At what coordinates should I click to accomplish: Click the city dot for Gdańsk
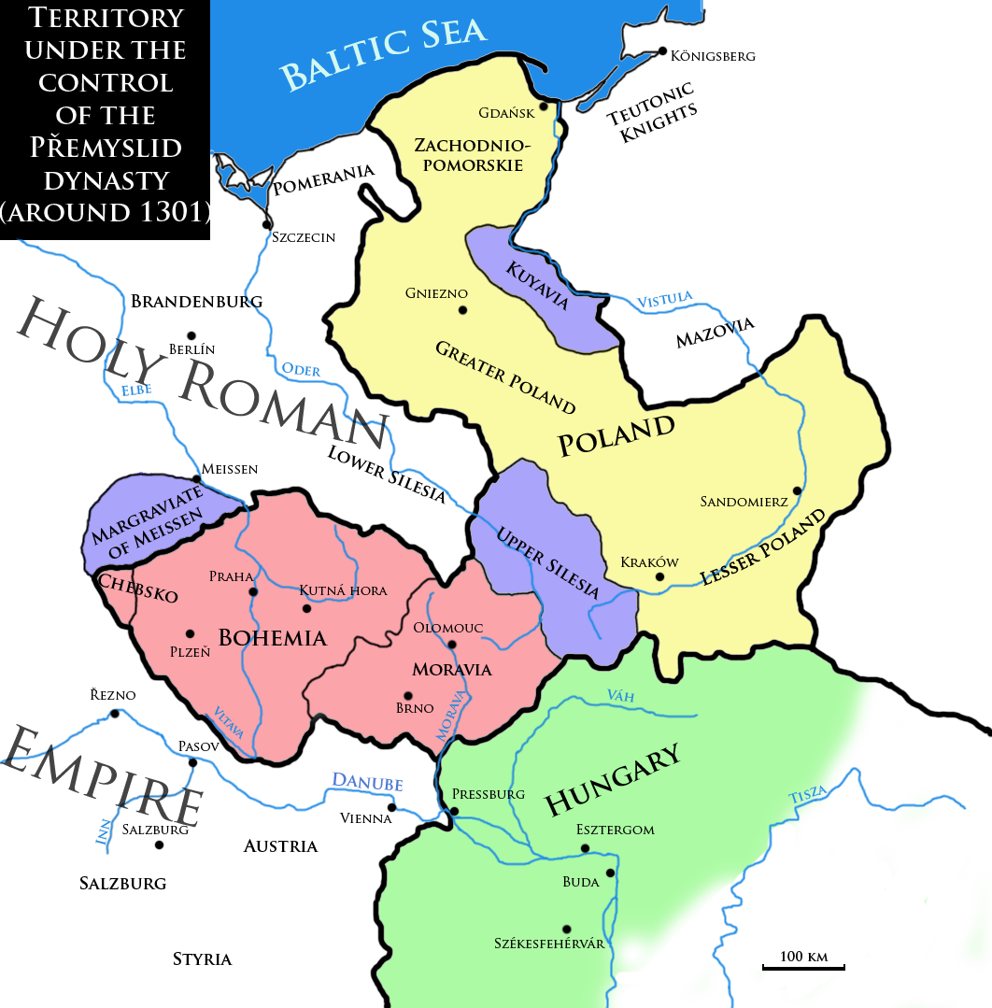(544, 106)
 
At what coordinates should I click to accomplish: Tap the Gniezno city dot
(461, 310)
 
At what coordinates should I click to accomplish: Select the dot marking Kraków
(659, 576)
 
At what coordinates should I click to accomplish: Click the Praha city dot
(252, 591)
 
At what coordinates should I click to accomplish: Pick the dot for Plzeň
(191, 632)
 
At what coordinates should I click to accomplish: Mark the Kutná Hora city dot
(306, 608)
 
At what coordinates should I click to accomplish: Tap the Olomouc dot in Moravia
(452, 645)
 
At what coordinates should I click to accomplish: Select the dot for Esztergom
(585, 848)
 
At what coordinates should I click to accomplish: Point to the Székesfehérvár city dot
(566, 929)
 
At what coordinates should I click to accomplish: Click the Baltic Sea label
(385, 54)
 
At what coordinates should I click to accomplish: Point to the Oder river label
(302, 371)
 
